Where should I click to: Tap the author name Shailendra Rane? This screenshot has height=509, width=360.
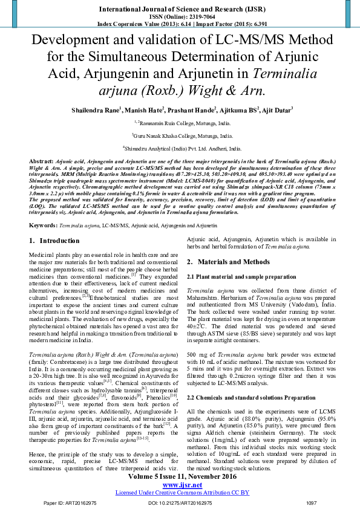(x=96, y=110)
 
